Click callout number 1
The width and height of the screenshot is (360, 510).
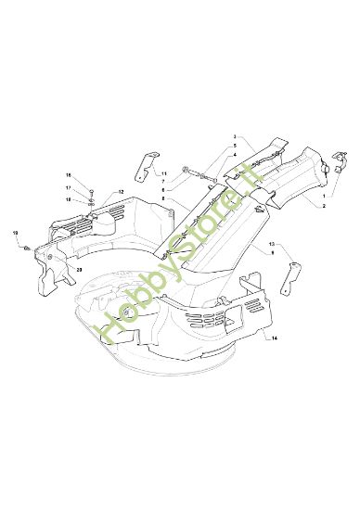[x=324, y=198]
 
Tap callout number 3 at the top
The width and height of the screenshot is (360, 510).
[x=235, y=136]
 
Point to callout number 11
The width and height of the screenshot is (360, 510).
[x=163, y=173]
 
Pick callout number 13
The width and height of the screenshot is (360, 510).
[x=272, y=244]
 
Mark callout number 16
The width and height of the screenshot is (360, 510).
[x=67, y=175]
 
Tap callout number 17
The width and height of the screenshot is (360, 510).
[x=67, y=187]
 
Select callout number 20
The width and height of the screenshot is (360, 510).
[x=79, y=269]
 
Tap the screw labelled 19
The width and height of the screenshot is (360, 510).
[x=27, y=246]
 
